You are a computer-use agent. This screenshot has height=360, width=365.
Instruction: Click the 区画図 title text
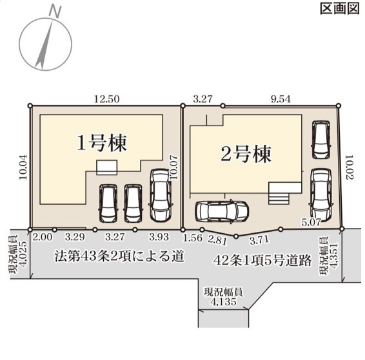pos(339,8)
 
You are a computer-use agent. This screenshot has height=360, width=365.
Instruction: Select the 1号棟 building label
pos(101,144)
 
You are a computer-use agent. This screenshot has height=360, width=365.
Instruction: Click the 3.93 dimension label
pos(158,237)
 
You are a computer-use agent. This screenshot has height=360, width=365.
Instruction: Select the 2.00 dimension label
pos(42,237)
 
